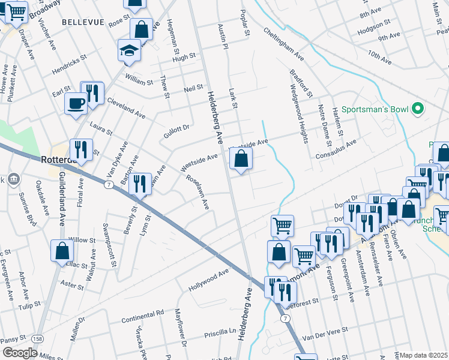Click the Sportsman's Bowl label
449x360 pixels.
(375, 110)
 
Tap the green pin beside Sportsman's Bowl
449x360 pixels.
(419, 109)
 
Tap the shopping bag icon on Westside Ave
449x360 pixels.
(241, 159)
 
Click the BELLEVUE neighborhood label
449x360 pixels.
(83, 22)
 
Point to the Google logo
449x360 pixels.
(20, 353)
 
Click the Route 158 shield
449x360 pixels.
(38, 340)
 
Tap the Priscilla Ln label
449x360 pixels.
(222, 331)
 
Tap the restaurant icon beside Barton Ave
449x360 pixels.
(140, 184)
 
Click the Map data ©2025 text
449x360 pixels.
(424, 355)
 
